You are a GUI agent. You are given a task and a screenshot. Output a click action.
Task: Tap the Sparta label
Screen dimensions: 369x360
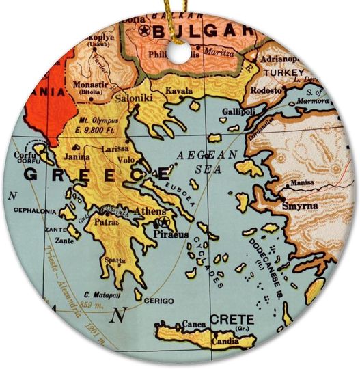[114, 260]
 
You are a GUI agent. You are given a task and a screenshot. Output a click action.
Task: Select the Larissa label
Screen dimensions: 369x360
[115, 148]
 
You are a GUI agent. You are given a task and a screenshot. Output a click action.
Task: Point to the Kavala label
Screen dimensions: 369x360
[178, 90]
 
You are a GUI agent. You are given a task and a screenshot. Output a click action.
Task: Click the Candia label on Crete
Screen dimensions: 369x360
[225, 339]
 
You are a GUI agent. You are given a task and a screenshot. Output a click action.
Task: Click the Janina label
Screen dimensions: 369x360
[77, 156]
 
